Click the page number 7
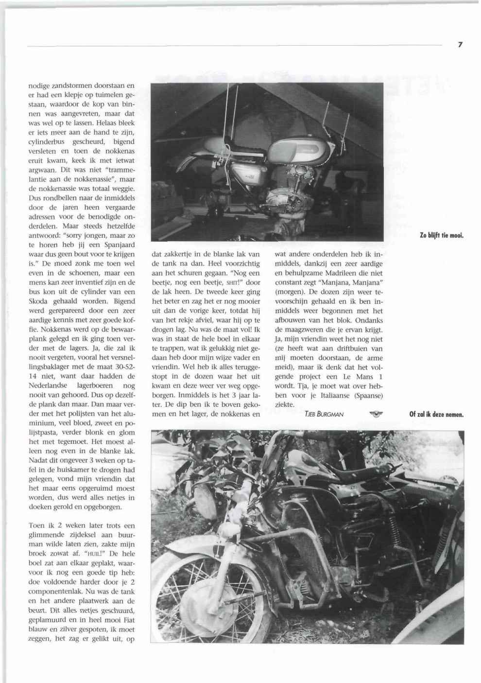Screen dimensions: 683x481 (x=459, y=45)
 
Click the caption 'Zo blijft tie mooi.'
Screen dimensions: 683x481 (x=441, y=236)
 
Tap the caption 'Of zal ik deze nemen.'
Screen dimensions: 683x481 (x=436, y=415)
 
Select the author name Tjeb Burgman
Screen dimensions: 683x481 (x=324, y=414)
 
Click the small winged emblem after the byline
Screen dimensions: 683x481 (x=376, y=414)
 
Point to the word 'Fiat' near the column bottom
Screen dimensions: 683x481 (x=128, y=620)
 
